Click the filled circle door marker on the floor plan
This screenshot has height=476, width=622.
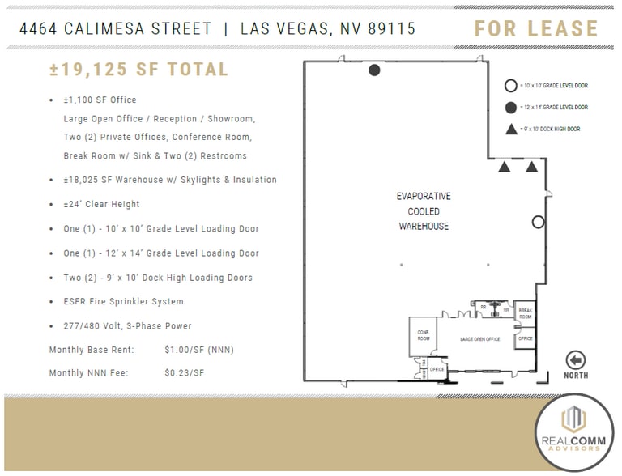(x=374, y=70)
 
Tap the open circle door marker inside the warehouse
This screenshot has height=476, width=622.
(x=538, y=222)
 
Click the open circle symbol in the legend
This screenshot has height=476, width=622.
(x=510, y=85)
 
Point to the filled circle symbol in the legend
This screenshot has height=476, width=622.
(x=510, y=107)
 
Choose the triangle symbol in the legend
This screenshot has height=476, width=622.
(x=510, y=129)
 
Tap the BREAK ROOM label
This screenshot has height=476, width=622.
(x=525, y=314)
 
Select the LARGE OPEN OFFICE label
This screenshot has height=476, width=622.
(x=479, y=339)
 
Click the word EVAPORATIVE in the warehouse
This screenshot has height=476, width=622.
(x=424, y=197)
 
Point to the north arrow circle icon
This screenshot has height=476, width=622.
(x=576, y=360)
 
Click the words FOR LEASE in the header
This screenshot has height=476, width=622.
(x=536, y=29)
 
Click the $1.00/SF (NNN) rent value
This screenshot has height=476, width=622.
(x=198, y=350)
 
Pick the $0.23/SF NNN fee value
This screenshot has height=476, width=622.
(x=184, y=373)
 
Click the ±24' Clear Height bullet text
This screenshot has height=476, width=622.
(x=101, y=204)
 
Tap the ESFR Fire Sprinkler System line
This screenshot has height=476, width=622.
(x=123, y=301)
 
